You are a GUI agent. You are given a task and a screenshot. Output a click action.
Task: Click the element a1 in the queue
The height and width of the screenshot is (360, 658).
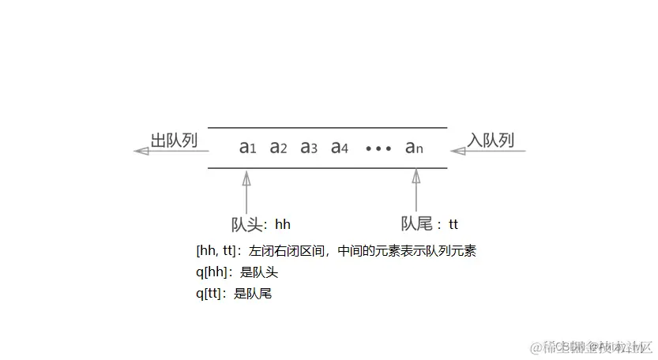tap(248, 147)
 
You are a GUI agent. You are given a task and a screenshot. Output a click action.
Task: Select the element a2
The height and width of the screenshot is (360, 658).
tap(278, 147)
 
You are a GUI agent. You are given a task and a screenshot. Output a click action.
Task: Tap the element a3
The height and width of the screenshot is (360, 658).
tap(309, 147)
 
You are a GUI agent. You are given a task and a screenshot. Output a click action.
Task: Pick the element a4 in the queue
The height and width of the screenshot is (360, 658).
tap(340, 147)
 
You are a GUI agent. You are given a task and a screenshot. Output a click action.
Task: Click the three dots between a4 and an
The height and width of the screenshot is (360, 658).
tap(378, 148)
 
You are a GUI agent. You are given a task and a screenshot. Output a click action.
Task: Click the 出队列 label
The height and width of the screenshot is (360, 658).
tap(174, 141)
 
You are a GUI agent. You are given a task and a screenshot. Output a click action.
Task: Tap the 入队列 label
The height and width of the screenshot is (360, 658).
tap(491, 141)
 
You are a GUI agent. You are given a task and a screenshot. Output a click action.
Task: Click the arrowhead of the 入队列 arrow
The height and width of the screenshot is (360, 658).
tap(457, 151)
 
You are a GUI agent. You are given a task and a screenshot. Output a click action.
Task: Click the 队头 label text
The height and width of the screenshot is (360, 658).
tap(246, 224)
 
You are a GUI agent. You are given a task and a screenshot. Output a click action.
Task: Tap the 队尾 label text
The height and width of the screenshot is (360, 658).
tap(416, 224)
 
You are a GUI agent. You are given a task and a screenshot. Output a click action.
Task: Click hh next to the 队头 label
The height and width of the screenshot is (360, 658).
tap(283, 224)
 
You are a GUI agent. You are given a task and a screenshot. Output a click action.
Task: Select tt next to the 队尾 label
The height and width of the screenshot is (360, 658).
tap(453, 224)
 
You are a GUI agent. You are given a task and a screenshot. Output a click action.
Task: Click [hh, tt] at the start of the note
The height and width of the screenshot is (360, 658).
tap(216, 252)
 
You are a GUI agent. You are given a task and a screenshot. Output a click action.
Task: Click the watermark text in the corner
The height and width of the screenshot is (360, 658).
tap(592, 347)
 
